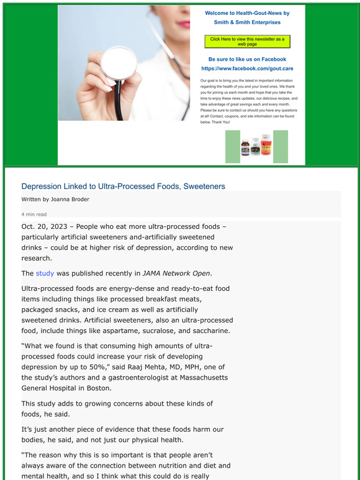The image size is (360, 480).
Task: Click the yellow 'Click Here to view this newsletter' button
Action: (247, 42)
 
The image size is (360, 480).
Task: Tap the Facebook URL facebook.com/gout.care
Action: (247, 68)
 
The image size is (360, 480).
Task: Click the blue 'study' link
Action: (45, 273)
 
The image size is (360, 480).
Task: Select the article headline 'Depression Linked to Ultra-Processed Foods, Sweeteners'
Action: (123, 186)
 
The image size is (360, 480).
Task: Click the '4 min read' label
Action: (34, 214)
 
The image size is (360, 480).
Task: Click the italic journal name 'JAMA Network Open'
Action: (177, 273)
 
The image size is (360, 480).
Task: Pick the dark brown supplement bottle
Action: (245, 149)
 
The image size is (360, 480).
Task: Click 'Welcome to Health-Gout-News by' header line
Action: (247, 12)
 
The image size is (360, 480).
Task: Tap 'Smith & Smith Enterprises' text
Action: (247, 22)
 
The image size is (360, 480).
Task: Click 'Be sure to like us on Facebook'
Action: (247, 59)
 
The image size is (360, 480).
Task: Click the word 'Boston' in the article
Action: (96, 388)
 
